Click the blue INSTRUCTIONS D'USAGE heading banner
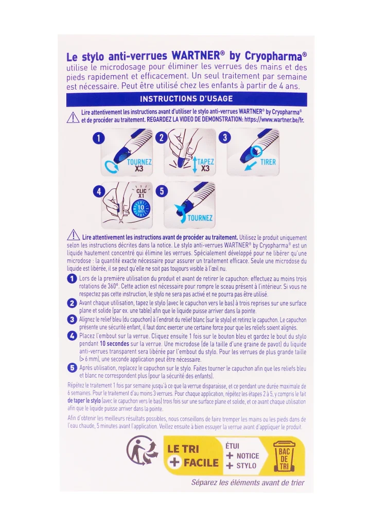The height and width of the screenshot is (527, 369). [x=186, y=99]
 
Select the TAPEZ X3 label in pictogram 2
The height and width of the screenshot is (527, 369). [x=205, y=165]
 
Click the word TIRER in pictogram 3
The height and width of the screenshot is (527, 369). [x=268, y=162]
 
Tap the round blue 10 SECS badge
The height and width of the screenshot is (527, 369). [x=141, y=208]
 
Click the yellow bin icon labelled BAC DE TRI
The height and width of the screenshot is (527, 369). [x=284, y=455]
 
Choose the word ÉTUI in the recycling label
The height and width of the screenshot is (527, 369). [x=233, y=445]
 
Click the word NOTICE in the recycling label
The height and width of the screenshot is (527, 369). [x=248, y=455]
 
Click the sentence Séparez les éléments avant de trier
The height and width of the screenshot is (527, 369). [x=248, y=482]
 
